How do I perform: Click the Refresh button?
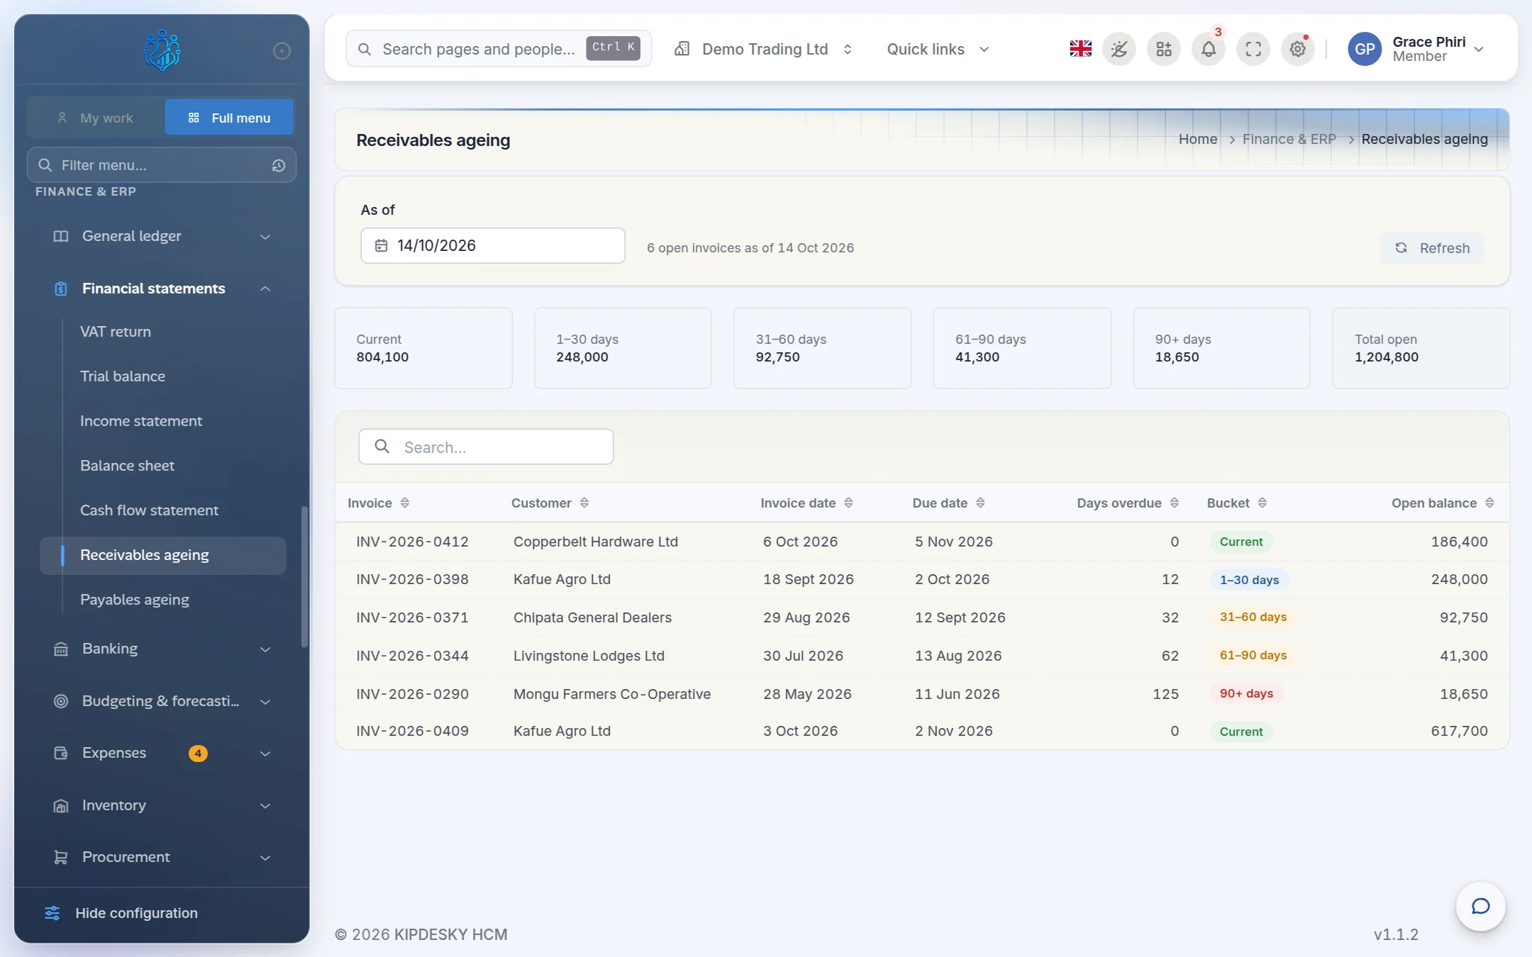1431,248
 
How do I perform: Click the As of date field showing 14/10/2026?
492,245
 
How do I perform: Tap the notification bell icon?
1209,49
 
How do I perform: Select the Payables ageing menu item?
135,600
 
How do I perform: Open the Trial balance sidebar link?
123,376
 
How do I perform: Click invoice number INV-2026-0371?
412,617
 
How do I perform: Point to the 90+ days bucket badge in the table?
1246,693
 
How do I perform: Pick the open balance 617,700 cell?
1459,731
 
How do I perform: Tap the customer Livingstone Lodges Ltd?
589,656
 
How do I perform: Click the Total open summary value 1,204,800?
1387,357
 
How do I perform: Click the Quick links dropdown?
938,49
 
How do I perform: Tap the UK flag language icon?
1080,49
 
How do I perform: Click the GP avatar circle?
1365,49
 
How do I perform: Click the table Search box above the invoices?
486,447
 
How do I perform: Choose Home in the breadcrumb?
1197,139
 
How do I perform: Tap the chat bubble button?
1480,906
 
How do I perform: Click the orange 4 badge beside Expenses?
198,753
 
